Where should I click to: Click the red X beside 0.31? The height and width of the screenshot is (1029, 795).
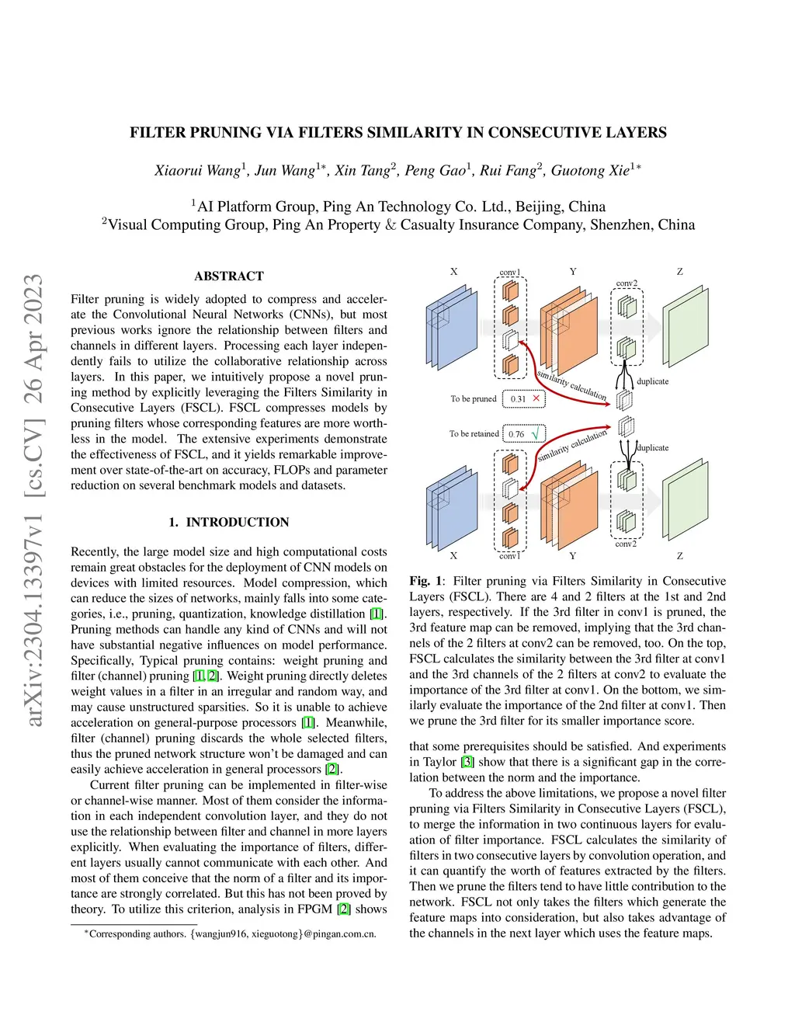click(536, 398)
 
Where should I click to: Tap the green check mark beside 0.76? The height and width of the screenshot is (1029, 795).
click(536, 433)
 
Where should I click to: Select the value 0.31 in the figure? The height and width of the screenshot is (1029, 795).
click(518, 399)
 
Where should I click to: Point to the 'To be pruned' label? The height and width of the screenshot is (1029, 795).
click(473, 399)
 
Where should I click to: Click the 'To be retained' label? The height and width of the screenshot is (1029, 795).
click(474, 433)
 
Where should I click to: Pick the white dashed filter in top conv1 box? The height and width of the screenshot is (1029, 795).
click(510, 340)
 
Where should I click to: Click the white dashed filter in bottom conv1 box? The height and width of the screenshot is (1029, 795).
click(510, 488)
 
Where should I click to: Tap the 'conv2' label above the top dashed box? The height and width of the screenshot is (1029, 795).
click(627, 283)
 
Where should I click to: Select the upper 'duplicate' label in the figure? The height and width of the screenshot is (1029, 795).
click(652, 381)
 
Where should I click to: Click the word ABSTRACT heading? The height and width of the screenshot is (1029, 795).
click(229, 276)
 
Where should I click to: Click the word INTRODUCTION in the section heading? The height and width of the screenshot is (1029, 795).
click(238, 522)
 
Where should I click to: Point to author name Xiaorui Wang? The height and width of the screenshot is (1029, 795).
click(197, 171)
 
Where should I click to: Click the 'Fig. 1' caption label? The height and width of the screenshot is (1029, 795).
click(425, 581)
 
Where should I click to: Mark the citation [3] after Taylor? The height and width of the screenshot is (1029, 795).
click(467, 762)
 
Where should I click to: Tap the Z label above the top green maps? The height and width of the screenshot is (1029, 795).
click(679, 272)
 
